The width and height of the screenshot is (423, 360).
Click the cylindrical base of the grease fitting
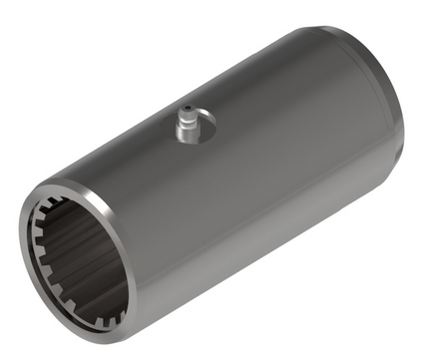click(x=187, y=133)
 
